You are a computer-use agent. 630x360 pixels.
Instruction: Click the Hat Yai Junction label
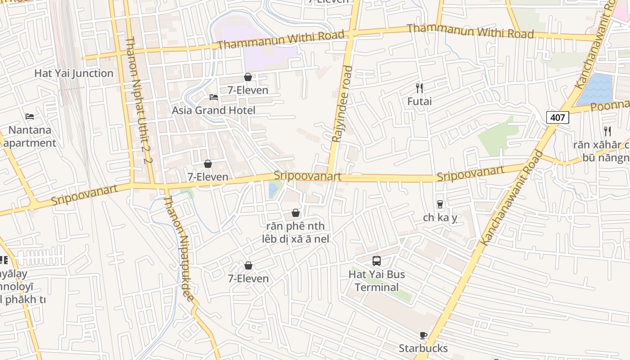coord(74,73)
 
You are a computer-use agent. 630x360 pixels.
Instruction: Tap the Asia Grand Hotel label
coord(213,110)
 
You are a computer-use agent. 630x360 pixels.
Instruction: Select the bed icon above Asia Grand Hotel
coord(214,97)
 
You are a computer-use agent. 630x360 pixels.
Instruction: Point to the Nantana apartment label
coord(30,137)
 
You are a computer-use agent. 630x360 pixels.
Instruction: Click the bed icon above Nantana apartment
coord(30,117)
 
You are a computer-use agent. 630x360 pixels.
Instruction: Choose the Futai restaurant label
coord(419,101)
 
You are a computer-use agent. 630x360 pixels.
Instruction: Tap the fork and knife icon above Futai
coord(419,88)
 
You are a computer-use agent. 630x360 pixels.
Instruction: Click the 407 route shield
coord(558,118)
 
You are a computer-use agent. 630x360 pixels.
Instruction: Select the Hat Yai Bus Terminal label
coord(377,281)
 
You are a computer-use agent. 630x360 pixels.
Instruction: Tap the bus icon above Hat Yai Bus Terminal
coord(377,261)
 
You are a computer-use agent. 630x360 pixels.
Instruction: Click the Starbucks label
coord(423,348)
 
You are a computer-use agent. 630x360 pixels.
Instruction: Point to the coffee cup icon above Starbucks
coord(423,335)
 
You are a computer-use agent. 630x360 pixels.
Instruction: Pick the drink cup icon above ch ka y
coord(440,204)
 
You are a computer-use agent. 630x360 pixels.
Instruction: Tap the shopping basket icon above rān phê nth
coord(296,213)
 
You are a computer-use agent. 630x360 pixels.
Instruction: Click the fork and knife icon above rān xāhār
coord(607,131)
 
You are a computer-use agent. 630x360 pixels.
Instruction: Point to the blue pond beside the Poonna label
coord(595,90)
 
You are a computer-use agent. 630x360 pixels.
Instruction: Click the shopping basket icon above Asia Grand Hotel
coord(247,77)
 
